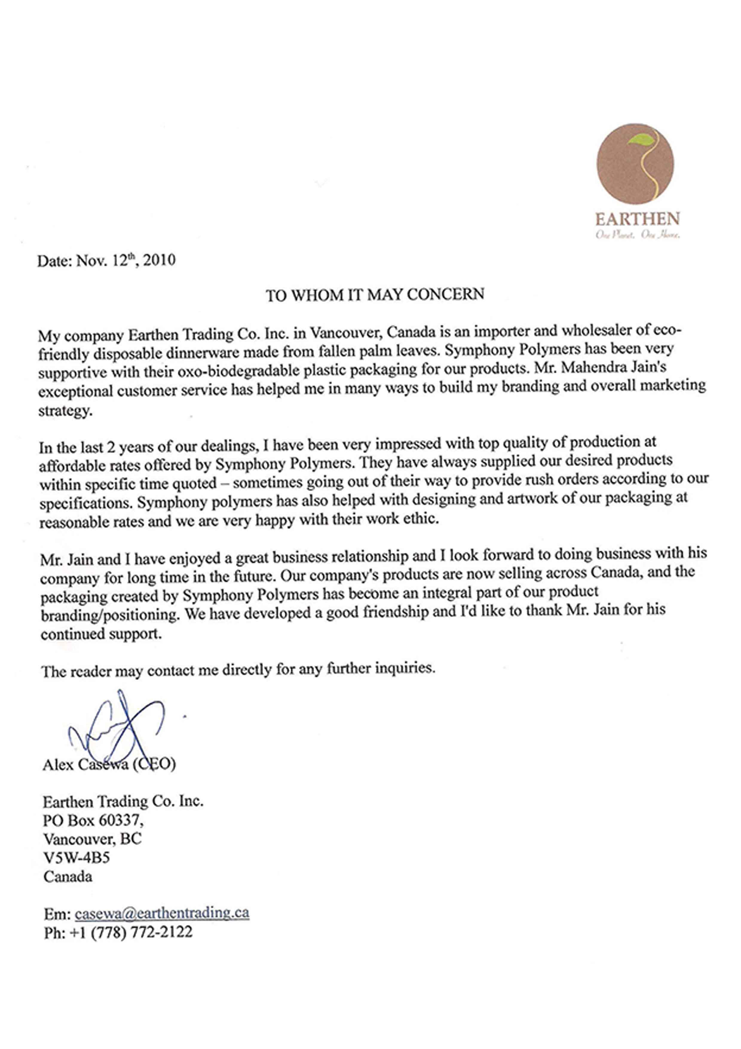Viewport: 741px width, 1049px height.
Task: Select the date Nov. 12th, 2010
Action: [125, 260]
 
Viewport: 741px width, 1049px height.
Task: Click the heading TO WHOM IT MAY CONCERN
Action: [375, 295]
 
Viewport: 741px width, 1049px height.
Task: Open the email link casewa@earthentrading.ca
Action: [162, 913]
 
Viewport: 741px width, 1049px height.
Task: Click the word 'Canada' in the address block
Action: [67, 877]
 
